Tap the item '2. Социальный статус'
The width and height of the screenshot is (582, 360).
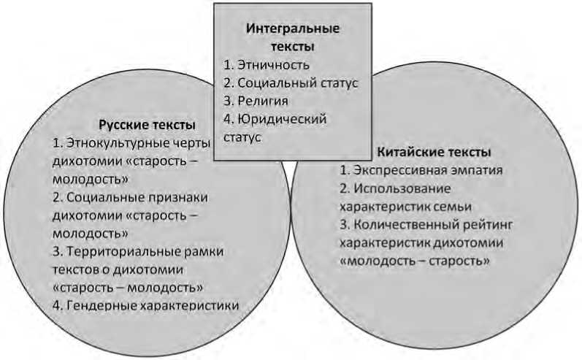291,83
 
